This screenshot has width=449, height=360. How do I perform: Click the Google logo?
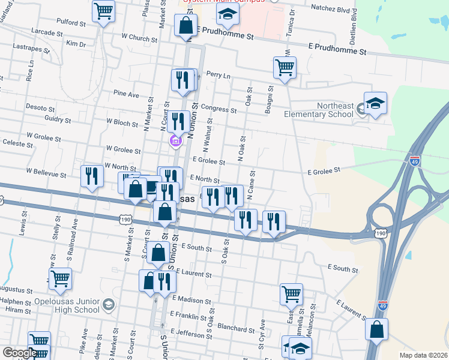(19, 353)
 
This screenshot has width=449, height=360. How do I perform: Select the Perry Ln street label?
(218, 76)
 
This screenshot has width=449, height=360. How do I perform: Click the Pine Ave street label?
(126, 94)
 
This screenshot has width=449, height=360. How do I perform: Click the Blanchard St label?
(237, 328)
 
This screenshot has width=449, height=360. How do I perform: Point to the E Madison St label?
(191, 298)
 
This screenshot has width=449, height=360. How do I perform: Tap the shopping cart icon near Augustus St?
(60, 278)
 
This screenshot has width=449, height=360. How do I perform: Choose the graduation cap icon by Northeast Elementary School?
(375, 103)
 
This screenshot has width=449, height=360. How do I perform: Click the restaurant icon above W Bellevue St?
(91, 176)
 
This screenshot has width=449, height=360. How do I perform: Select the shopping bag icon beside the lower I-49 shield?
(376, 329)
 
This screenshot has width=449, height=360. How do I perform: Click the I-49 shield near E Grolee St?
(415, 161)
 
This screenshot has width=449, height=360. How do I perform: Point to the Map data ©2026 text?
(423, 355)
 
